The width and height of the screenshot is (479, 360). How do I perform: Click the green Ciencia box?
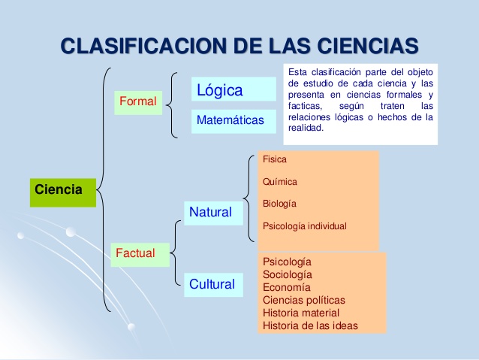(62, 191)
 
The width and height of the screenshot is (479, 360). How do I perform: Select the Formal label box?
(137, 101)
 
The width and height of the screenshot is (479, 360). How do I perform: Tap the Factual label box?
(135, 254)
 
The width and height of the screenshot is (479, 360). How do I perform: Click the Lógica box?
(233, 90)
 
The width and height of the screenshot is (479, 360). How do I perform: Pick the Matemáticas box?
(230, 120)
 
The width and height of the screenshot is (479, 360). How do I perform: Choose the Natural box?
(211, 213)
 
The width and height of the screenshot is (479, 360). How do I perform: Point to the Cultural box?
(212, 284)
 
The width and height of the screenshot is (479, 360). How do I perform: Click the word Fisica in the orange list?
(275, 159)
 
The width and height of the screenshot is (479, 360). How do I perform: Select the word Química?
(280, 182)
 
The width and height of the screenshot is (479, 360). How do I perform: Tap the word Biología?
(279, 204)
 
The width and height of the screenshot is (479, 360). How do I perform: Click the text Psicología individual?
(305, 226)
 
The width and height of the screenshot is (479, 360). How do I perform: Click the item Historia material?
(300, 313)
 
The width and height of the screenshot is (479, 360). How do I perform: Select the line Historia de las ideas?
(310, 325)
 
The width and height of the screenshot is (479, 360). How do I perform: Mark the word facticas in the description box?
(305, 107)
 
